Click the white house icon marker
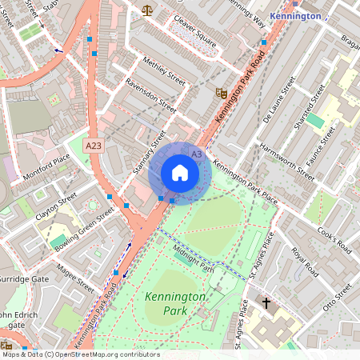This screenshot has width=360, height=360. [x=180, y=173]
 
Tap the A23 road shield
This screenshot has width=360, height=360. [x=94, y=146]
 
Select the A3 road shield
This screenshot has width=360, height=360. [x=196, y=152]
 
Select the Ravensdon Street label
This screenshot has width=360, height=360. [x=150, y=93]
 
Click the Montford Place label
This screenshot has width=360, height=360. [x=46, y=164]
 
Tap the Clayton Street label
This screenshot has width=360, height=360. [x=56, y=206]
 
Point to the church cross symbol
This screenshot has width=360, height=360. [x=267, y=304]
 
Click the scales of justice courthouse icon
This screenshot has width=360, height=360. [x=146, y=10]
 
